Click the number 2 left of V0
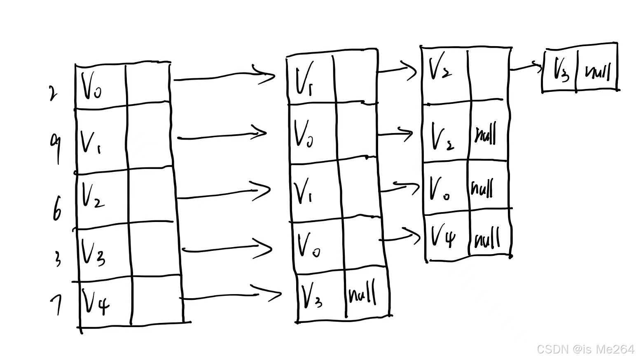tap(52, 94)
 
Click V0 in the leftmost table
tap(91, 87)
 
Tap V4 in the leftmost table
tap(96, 302)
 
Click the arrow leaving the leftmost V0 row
tap(224, 76)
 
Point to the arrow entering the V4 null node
tap(400, 236)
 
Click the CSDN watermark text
tap(585, 349)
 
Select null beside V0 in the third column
tap(482, 188)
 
